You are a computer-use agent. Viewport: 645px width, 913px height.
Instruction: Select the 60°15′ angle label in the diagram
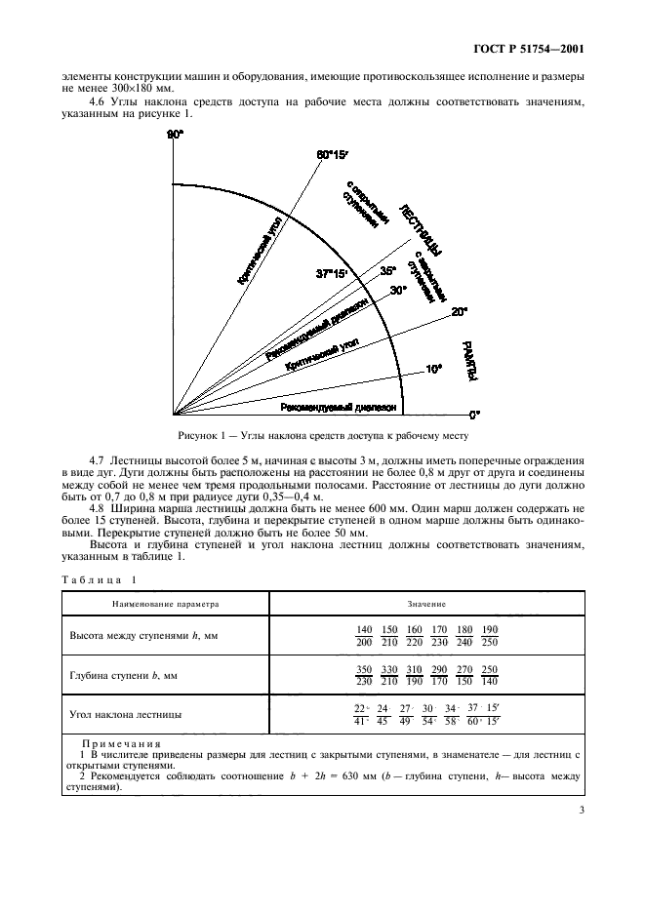pyautogui.click(x=332, y=154)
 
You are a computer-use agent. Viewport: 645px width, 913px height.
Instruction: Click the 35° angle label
pyautogui.click(x=387, y=270)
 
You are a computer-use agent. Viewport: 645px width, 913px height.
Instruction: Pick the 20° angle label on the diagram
pyautogui.click(x=460, y=311)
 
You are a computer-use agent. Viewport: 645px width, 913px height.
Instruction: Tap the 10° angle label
pyautogui.click(x=433, y=368)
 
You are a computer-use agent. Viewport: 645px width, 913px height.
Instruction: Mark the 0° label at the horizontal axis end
pyautogui.click(x=475, y=414)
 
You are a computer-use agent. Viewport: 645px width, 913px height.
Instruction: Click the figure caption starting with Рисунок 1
pyautogui.click(x=323, y=436)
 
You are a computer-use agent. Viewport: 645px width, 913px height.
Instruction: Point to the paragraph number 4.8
pyautogui.click(x=97, y=509)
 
